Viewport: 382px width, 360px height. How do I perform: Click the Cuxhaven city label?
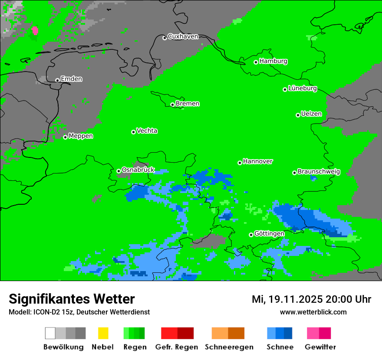point(183,37)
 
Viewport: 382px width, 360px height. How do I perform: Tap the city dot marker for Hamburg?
point(256,62)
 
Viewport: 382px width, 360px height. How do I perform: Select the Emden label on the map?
point(71,79)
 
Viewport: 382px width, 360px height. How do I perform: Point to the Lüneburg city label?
point(303,88)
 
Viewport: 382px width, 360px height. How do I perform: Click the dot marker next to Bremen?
point(172,105)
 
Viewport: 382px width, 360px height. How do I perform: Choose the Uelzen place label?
point(311,114)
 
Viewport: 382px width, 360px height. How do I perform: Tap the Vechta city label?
point(147,131)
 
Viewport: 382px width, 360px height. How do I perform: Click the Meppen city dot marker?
point(65,137)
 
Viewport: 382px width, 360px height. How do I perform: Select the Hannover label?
point(258,162)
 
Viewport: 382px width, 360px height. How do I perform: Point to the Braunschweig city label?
point(319,172)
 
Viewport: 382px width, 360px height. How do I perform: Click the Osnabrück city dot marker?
point(119,171)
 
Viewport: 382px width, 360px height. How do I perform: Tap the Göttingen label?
point(269,234)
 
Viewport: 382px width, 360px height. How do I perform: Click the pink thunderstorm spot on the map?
point(35,31)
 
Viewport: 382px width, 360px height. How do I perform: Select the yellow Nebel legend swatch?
point(103,333)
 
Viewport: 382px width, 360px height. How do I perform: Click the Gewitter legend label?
point(320,347)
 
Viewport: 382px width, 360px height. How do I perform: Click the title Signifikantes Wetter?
point(72,299)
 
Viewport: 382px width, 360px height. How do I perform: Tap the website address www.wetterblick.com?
point(313,312)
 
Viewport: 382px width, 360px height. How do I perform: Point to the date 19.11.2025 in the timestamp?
point(295,299)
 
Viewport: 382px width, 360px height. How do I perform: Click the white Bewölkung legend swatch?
point(50,333)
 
